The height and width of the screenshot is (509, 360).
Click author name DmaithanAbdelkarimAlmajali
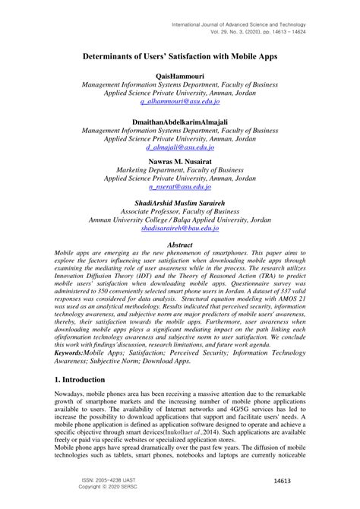click(x=179, y=122)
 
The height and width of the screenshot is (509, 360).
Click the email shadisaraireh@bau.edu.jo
click(x=179, y=227)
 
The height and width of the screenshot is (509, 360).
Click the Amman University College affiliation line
click(x=179, y=218)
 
